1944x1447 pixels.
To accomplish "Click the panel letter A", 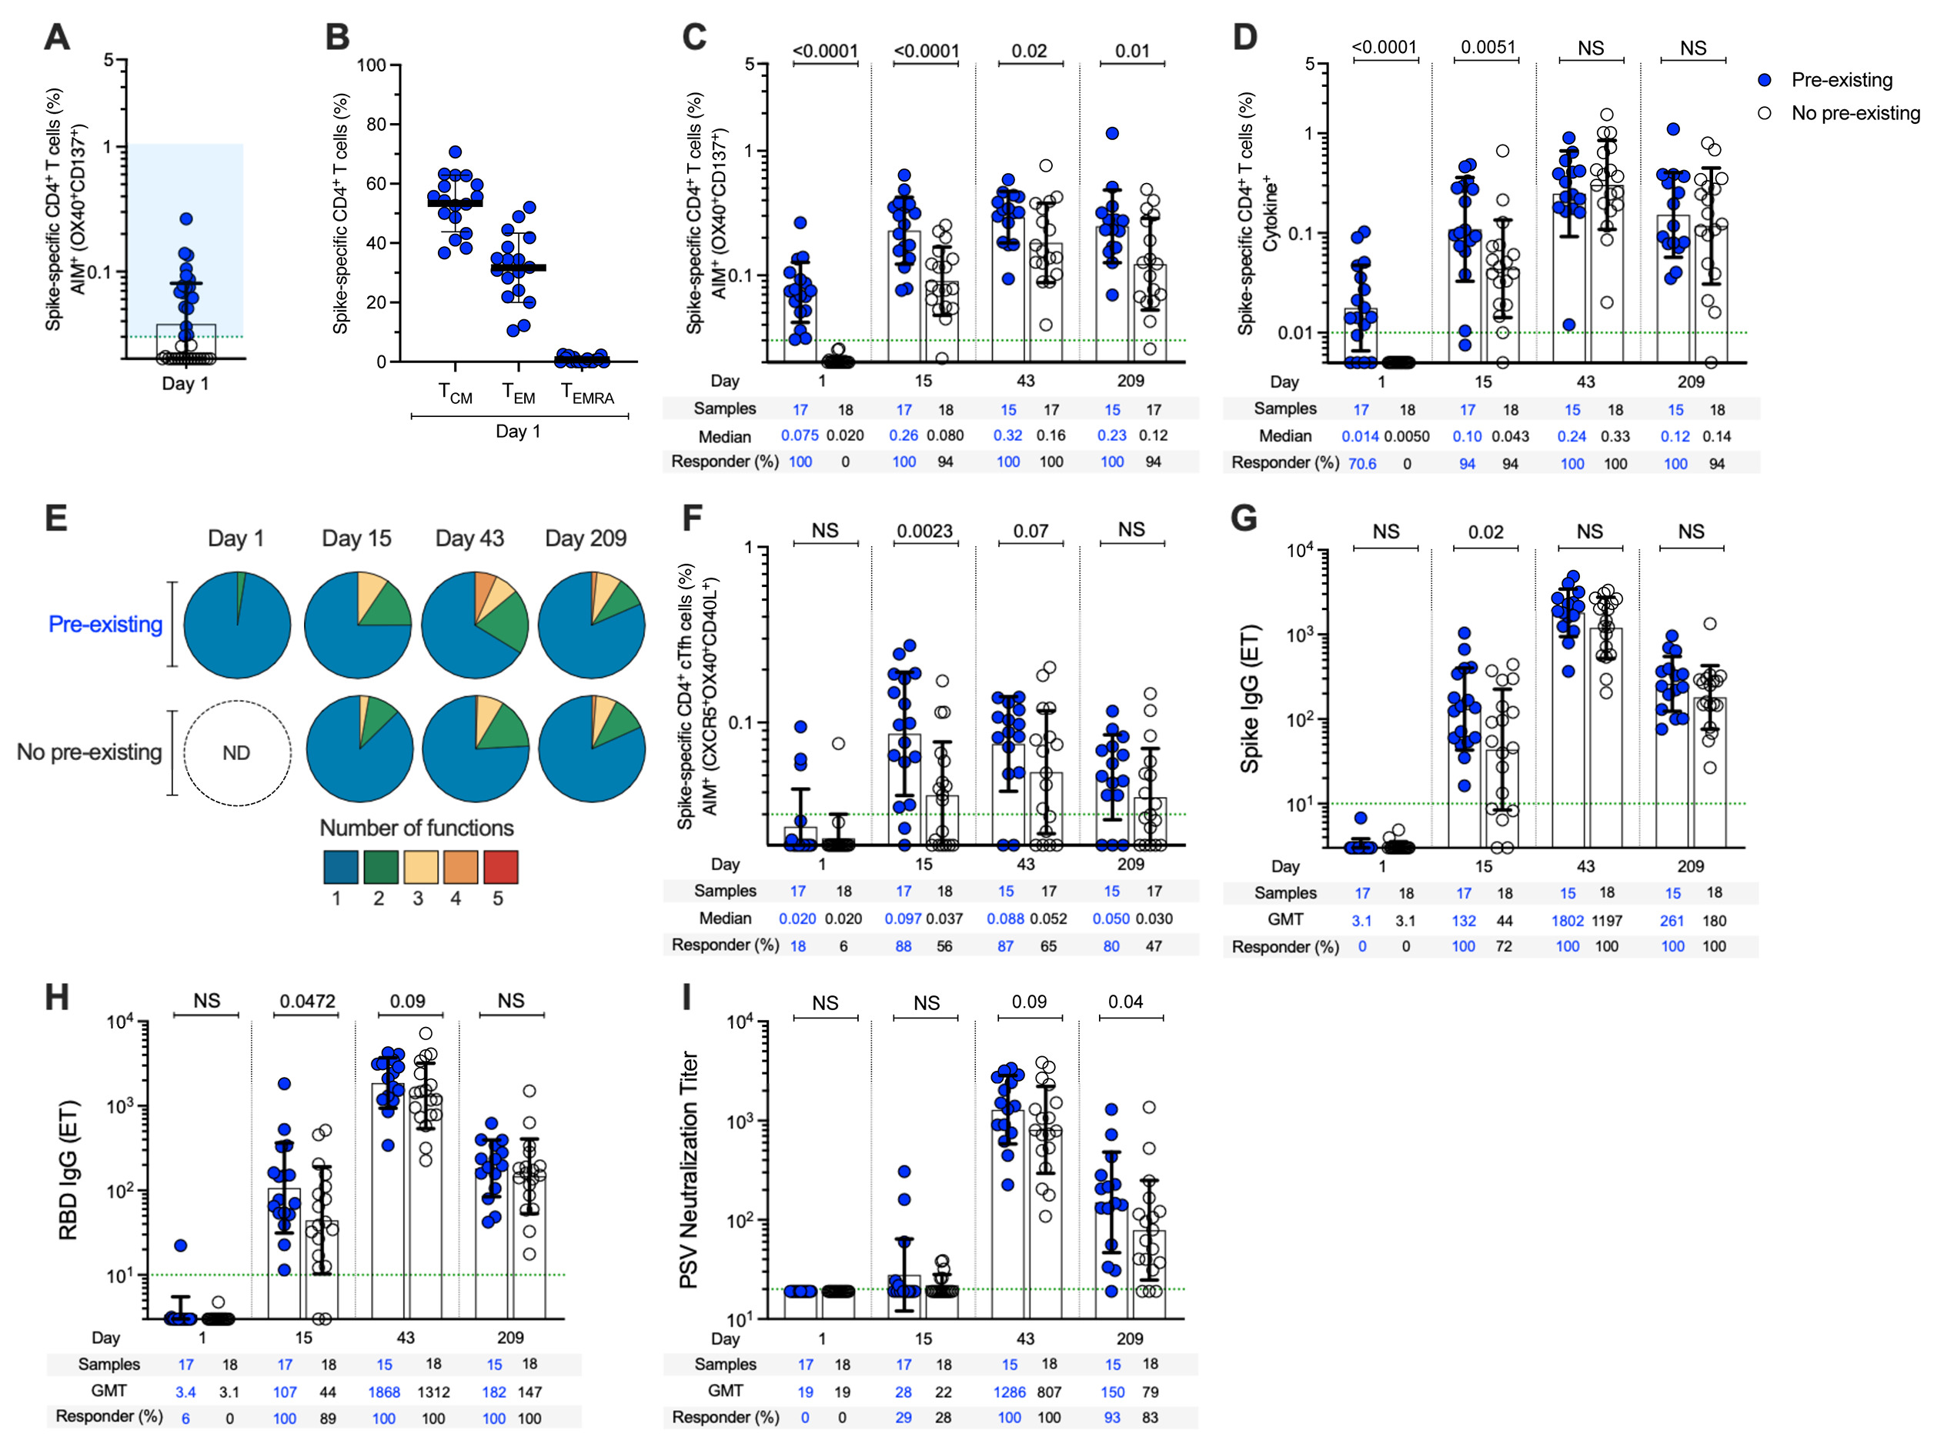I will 57,37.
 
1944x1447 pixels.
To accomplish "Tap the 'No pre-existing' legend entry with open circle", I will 1840,113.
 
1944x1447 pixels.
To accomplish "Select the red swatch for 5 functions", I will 501,866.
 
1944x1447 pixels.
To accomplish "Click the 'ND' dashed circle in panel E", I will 236,752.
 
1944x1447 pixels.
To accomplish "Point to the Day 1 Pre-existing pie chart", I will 237,625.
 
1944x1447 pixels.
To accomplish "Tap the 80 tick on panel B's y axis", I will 376,125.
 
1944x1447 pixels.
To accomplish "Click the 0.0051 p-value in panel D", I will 1488,47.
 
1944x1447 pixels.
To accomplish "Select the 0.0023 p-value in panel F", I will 925,531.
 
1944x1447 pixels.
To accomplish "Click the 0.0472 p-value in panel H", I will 308,1001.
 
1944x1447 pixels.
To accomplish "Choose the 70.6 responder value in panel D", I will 1361,463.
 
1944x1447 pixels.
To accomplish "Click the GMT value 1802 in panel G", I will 1568,921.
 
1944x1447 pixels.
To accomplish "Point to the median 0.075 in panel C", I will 800,435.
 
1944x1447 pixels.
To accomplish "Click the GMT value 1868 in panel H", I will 384,1392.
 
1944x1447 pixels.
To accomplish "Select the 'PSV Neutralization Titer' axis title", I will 690,1169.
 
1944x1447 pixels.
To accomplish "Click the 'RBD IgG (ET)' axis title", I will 68,1169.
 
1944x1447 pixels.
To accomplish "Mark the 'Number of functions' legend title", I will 416,828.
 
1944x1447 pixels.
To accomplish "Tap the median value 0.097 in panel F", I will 903,919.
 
